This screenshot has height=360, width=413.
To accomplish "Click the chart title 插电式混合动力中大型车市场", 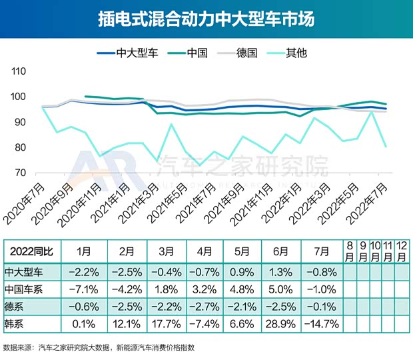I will point(206,18).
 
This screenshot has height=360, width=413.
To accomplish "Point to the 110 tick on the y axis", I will point(19,71).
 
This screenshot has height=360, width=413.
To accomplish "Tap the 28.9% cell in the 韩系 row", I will point(280,324).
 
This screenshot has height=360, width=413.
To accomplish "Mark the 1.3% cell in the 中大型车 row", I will point(280,271).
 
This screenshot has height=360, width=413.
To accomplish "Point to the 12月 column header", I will point(401,252).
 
